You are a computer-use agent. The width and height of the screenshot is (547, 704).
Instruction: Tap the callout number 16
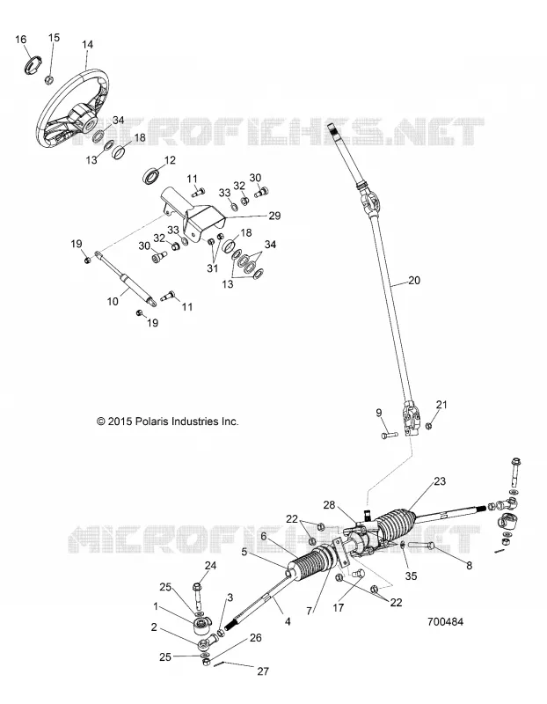20,40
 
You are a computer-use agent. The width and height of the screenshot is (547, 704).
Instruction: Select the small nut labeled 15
50,80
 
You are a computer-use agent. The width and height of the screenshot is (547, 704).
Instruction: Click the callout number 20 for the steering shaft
414,280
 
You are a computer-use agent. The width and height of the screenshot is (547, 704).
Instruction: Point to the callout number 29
274,216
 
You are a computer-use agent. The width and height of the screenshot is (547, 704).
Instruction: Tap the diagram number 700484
445,622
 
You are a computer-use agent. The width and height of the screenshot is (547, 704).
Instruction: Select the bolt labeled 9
389,435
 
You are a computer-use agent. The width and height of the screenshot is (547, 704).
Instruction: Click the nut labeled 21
428,425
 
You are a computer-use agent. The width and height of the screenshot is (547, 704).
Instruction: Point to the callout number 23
440,481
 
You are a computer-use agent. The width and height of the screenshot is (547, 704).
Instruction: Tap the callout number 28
330,505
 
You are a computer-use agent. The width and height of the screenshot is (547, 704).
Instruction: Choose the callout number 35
411,576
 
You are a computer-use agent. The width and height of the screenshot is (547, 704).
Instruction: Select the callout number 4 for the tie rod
288,622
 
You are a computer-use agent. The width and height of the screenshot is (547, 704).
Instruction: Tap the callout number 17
338,608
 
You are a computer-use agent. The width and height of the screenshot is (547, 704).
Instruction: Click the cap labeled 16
33,63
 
